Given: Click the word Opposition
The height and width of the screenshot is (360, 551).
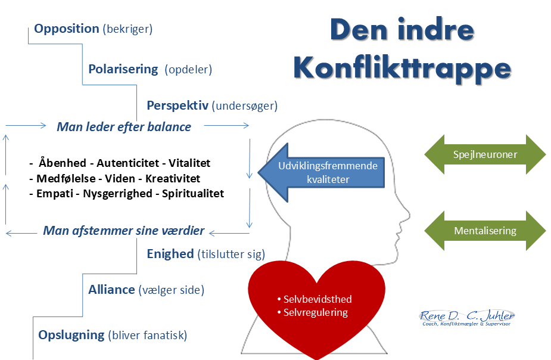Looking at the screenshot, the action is tap(66, 29).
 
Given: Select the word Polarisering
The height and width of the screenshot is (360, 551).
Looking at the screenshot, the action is tap(123, 69).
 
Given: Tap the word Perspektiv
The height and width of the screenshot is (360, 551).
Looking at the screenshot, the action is tap(178, 106).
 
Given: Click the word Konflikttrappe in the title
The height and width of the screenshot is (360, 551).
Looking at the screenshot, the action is tap(402, 69).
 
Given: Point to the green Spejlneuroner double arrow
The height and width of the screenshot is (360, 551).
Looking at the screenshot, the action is tap(485, 154).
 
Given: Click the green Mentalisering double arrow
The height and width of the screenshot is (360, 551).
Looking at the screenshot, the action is tap(485, 231).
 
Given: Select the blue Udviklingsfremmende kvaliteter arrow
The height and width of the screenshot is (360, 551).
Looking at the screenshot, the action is tap(322, 172).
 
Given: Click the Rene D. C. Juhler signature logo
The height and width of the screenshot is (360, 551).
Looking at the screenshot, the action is tap(466, 318).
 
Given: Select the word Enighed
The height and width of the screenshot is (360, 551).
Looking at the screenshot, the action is tap(170, 254).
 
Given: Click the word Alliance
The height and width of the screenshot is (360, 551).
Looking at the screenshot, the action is tap(112, 290).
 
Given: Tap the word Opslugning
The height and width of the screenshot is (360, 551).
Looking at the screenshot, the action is tap(71, 335).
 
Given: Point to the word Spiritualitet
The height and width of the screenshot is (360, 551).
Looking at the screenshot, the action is tap(193, 194).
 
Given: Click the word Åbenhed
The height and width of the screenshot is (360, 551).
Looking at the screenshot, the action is tap(63, 163).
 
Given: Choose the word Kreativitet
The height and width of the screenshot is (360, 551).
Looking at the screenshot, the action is tap(173, 179).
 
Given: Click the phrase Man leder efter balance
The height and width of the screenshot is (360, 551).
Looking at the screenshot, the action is tap(124, 127).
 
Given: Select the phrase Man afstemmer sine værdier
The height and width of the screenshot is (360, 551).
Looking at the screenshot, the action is tap(124, 231).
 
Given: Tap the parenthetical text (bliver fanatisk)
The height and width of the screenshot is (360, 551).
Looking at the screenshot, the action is tap(148, 336).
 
